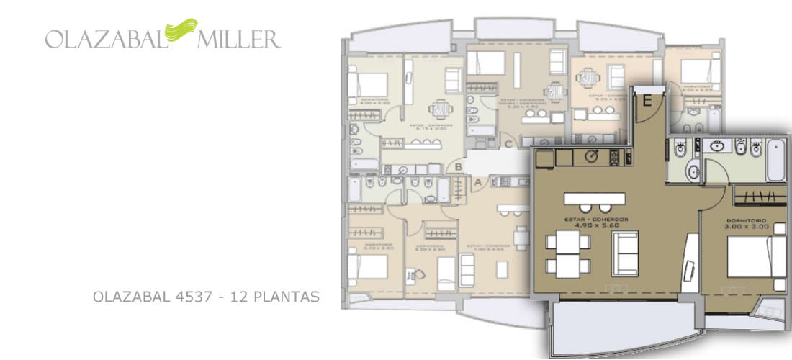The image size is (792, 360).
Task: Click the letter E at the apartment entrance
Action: [647, 102]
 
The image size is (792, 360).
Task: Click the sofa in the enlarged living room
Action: [625, 254]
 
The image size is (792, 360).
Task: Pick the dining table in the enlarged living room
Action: [567, 256]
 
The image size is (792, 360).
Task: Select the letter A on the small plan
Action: [476, 183]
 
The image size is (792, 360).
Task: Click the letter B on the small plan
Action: [458, 167]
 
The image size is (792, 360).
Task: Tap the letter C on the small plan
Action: [508, 143]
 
